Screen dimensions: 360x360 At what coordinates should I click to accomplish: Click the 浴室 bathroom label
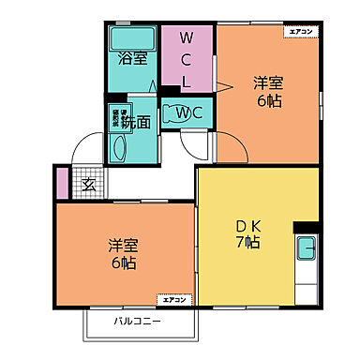[x=132, y=59]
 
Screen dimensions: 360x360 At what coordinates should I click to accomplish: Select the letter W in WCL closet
[x=187, y=40]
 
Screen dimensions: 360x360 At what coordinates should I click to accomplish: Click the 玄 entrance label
[x=87, y=185]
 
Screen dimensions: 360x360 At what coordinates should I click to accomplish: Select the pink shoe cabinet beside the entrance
[x=62, y=182]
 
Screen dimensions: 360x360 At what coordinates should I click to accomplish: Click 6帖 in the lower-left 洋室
[x=122, y=262]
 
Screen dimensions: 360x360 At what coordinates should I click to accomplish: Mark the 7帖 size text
[x=247, y=243]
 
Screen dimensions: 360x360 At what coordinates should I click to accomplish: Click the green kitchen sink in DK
[x=307, y=250]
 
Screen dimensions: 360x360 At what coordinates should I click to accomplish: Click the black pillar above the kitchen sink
[x=305, y=227]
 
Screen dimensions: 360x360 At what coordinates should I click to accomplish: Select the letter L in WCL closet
[x=187, y=82]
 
